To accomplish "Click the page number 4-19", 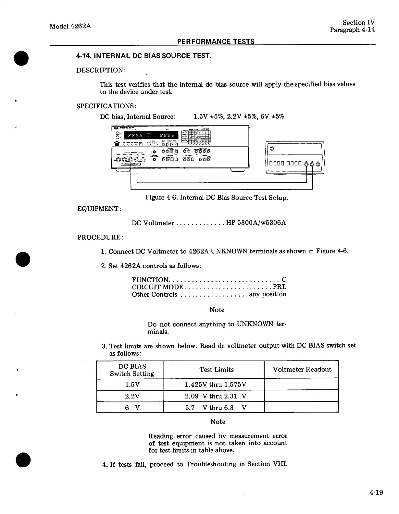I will [376, 492].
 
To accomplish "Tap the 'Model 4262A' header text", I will [70, 26].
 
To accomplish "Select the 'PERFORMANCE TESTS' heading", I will [216, 41].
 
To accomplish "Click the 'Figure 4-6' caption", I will [216, 197].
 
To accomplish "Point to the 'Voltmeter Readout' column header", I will [302, 369].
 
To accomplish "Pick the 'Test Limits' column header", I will [216, 369].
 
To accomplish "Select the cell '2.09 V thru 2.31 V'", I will [216, 396].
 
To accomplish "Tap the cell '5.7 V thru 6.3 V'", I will [216, 408].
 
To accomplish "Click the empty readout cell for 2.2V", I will [301, 396].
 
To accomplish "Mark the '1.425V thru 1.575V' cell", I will [216, 385].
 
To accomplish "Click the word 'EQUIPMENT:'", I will [99, 208].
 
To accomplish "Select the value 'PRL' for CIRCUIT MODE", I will [280, 287].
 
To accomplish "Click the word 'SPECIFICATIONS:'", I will [106, 106].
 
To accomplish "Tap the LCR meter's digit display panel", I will [151, 135].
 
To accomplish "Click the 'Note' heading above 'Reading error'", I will [218, 422].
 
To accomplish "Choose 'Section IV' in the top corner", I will [358, 22].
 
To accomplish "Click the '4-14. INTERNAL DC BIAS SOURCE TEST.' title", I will [144, 56].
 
